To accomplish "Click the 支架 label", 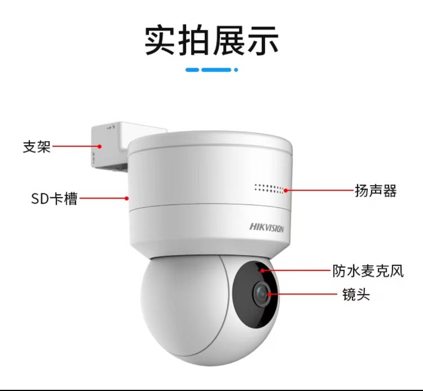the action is click(x=37, y=147).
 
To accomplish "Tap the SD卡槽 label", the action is click(x=55, y=199).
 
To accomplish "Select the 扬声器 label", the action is click(x=376, y=191).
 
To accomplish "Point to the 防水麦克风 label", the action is click(x=368, y=271).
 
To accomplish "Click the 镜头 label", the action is click(x=356, y=294).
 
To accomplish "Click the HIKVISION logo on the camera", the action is click(x=267, y=228).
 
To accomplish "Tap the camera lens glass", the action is click(x=261, y=294).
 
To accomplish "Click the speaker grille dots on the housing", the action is click(x=269, y=188).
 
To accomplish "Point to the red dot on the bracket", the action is click(x=100, y=147).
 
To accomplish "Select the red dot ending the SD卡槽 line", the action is click(x=126, y=199).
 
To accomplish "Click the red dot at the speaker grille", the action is click(x=286, y=190).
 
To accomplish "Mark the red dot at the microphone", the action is click(x=262, y=270).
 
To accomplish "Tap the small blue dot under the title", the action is click(x=236, y=70).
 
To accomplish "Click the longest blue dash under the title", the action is click(x=217, y=70).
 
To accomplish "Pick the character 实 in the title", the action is click(x=160, y=41).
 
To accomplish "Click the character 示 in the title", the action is click(x=263, y=41).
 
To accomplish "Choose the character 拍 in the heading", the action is click(x=194, y=41).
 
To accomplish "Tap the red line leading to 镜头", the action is click(x=304, y=294).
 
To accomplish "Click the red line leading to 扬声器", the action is click(x=320, y=190).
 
